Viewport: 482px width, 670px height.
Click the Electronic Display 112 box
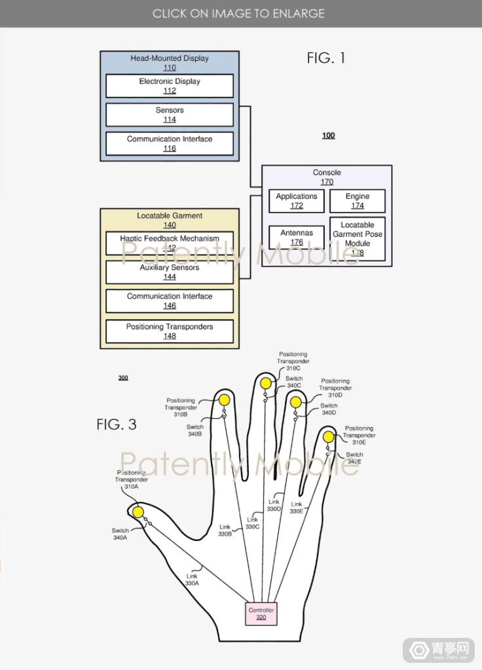[169, 86]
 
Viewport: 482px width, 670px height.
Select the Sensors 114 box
[169, 115]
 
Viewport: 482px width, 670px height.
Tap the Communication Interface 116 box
[169, 143]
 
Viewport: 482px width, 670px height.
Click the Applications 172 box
[297, 201]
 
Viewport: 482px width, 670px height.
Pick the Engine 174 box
[357, 201]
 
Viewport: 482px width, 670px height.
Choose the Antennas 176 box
[297, 238]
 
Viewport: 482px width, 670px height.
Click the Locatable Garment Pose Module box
[357, 239]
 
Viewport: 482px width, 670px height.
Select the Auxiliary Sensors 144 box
[169, 272]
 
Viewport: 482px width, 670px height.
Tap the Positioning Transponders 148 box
[169, 331]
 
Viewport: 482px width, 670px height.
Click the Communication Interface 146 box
[169, 301]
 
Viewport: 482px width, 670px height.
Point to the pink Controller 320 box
[261, 614]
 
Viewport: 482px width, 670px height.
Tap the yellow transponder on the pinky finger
[328, 436]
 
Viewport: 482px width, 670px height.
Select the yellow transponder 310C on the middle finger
[265, 383]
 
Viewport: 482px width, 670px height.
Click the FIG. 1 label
[325, 58]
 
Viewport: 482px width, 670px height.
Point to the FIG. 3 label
[116, 424]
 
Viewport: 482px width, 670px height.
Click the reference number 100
[328, 135]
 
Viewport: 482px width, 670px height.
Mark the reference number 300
[123, 378]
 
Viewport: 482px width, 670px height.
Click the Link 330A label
[191, 579]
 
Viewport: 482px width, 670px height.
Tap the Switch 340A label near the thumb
[120, 534]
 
